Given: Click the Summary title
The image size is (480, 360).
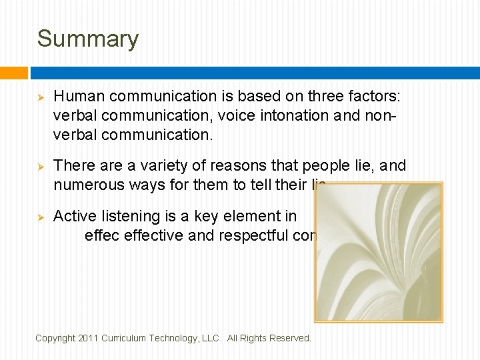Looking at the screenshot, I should click(x=87, y=39).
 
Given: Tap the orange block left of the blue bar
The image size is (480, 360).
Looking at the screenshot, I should click(x=14, y=72).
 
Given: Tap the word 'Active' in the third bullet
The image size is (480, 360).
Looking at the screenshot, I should click(x=73, y=216).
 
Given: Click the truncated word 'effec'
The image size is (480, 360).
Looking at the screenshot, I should click(x=99, y=235).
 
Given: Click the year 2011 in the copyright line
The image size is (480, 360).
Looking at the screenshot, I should click(x=89, y=338).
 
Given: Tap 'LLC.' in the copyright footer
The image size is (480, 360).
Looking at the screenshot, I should click(x=212, y=338).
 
